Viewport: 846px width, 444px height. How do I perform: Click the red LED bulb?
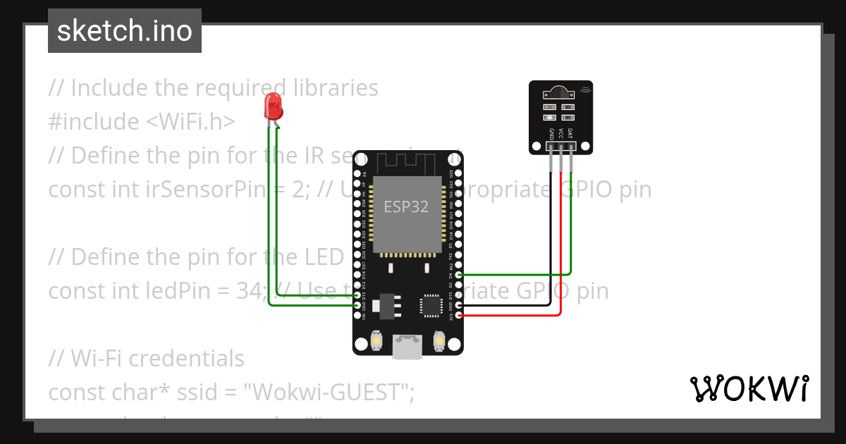[x=273, y=107]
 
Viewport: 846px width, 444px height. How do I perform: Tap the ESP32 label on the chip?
[x=405, y=206]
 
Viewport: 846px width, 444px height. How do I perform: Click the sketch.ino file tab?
[x=125, y=31]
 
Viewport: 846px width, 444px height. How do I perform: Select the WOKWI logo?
[x=749, y=388]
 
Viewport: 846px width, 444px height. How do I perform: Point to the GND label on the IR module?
[x=551, y=132]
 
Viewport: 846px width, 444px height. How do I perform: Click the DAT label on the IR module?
[x=570, y=132]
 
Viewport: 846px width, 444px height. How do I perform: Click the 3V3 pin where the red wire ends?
[x=459, y=316]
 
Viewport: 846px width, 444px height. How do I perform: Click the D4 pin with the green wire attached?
[x=459, y=275]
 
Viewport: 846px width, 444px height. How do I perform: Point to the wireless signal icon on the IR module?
[x=585, y=89]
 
